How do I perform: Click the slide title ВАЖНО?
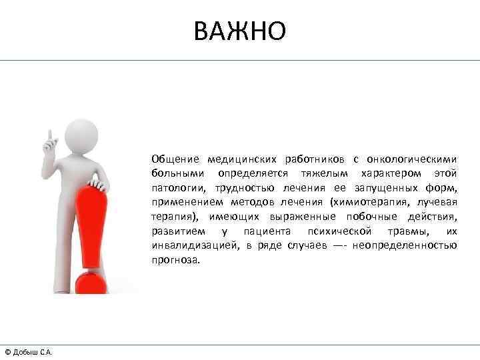pyautogui.click(x=240, y=30)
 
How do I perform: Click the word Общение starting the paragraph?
pyautogui.click(x=175, y=159)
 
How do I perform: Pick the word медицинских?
pyautogui.click(x=241, y=159)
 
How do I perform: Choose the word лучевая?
pyautogui.click(x=438, y=202)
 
